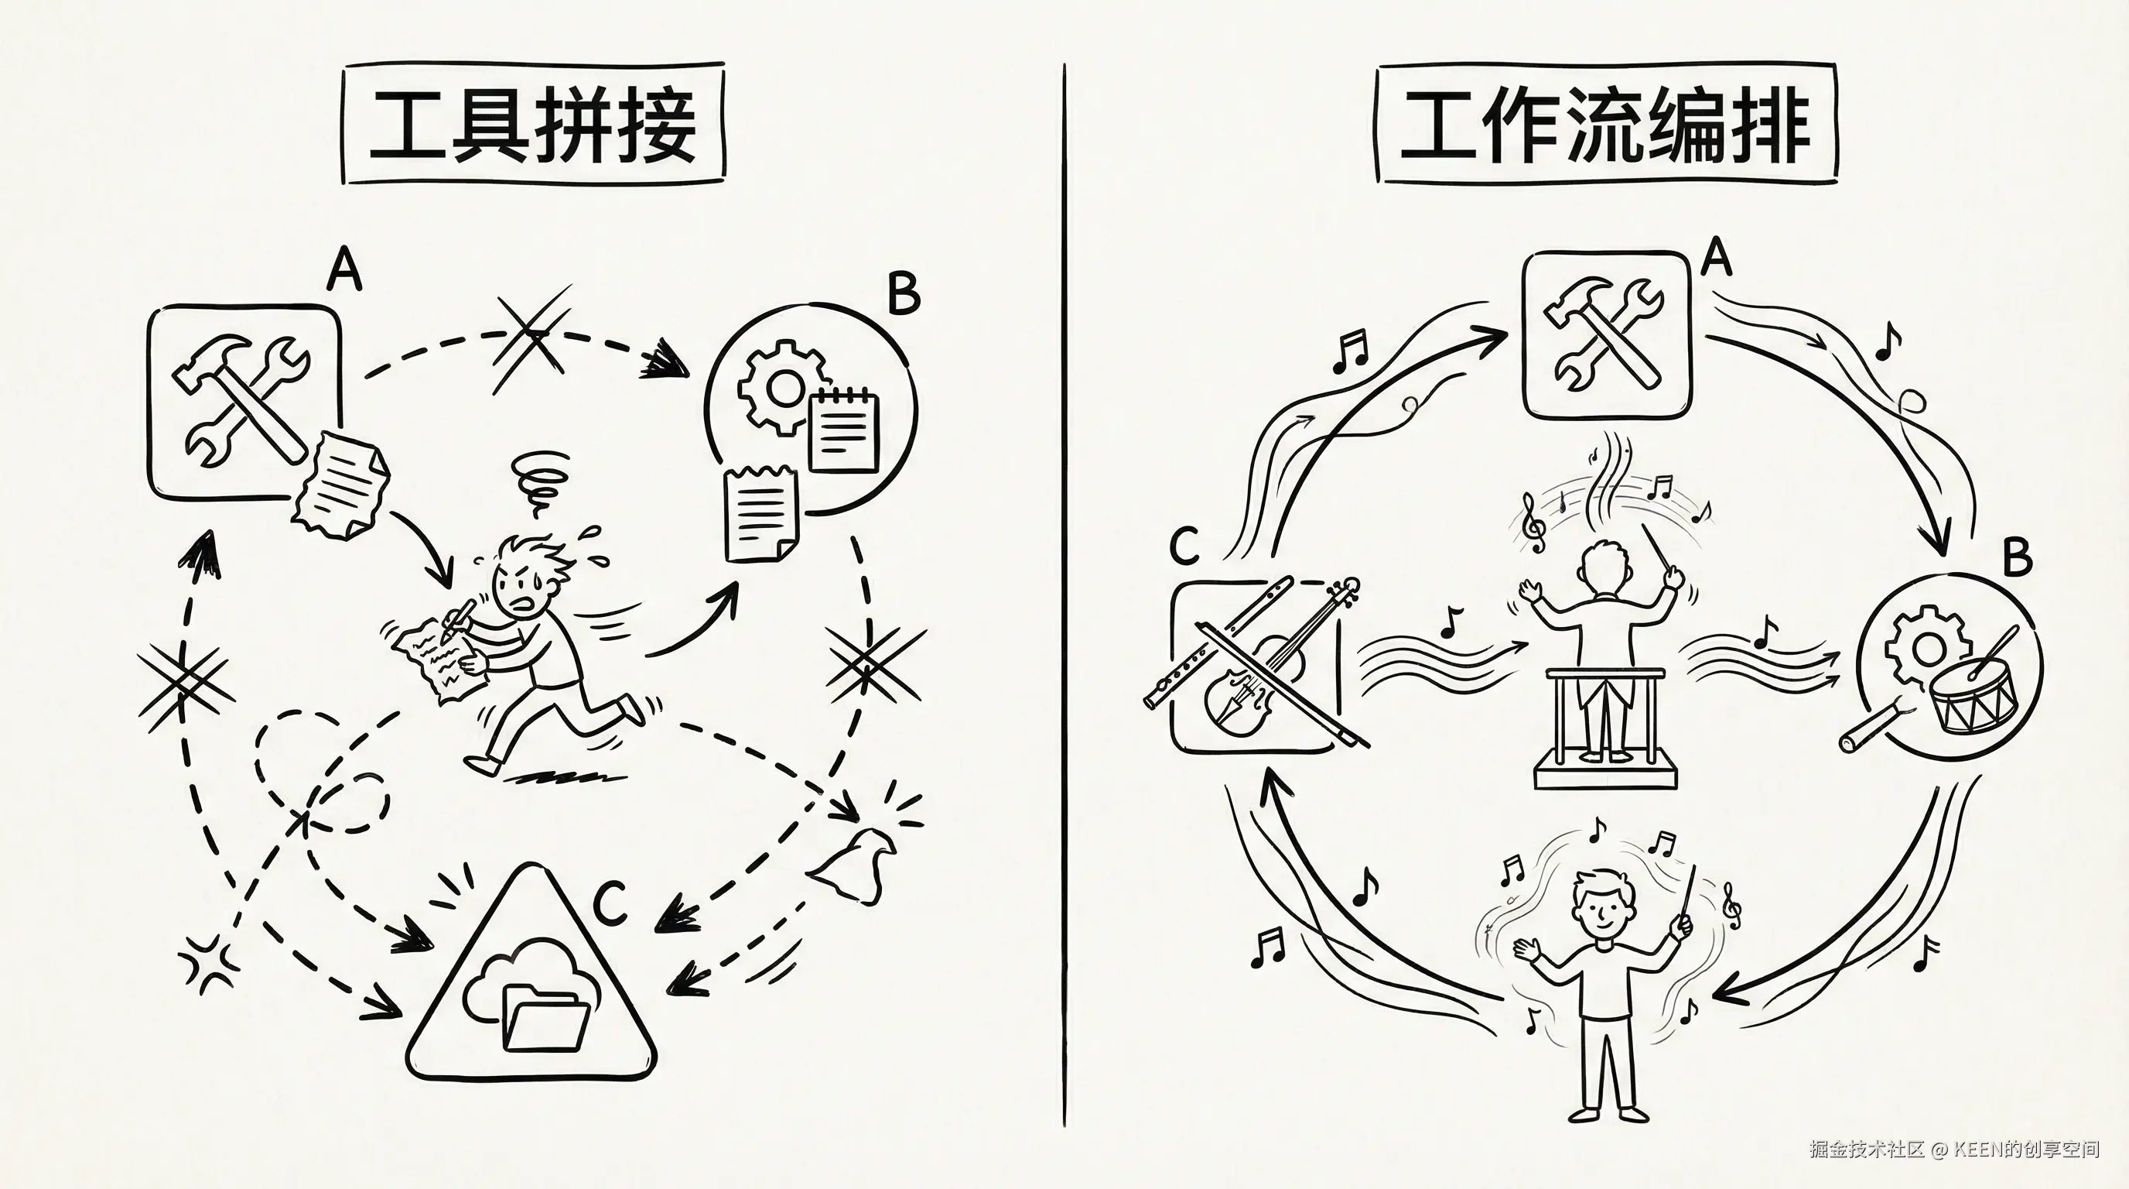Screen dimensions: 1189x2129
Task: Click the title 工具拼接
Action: click(533, 125)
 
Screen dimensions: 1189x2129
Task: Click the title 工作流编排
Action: click(1605, 125)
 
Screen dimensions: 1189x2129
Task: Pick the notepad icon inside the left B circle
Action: click(843, 433)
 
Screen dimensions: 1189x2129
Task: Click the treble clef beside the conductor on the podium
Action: click(1535, 523)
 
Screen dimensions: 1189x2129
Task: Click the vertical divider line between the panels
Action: click(1064, 595)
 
